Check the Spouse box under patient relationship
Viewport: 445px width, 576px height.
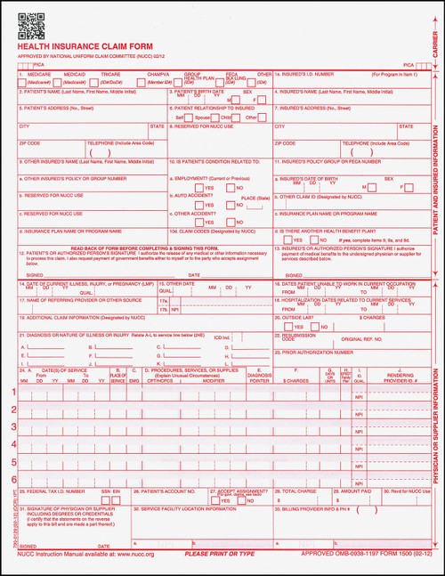tap(192, 117)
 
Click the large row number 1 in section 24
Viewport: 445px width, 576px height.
tap(12, 392)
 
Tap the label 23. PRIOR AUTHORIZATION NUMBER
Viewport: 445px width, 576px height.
tap(321, 353)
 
